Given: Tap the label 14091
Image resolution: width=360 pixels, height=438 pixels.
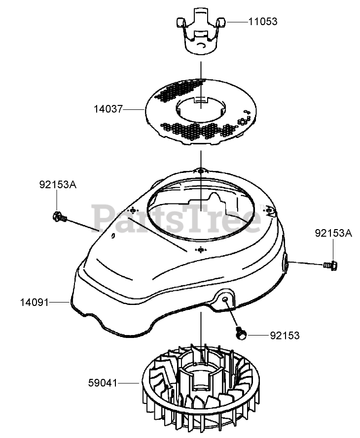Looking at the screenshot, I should tap(35, 302).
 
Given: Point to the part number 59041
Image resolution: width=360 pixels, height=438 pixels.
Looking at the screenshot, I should tap(104, 382).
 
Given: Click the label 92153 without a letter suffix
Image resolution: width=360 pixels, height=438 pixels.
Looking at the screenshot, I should tap(285, 335).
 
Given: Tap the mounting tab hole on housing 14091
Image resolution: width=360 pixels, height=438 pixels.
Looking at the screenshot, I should tap(225, 300).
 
